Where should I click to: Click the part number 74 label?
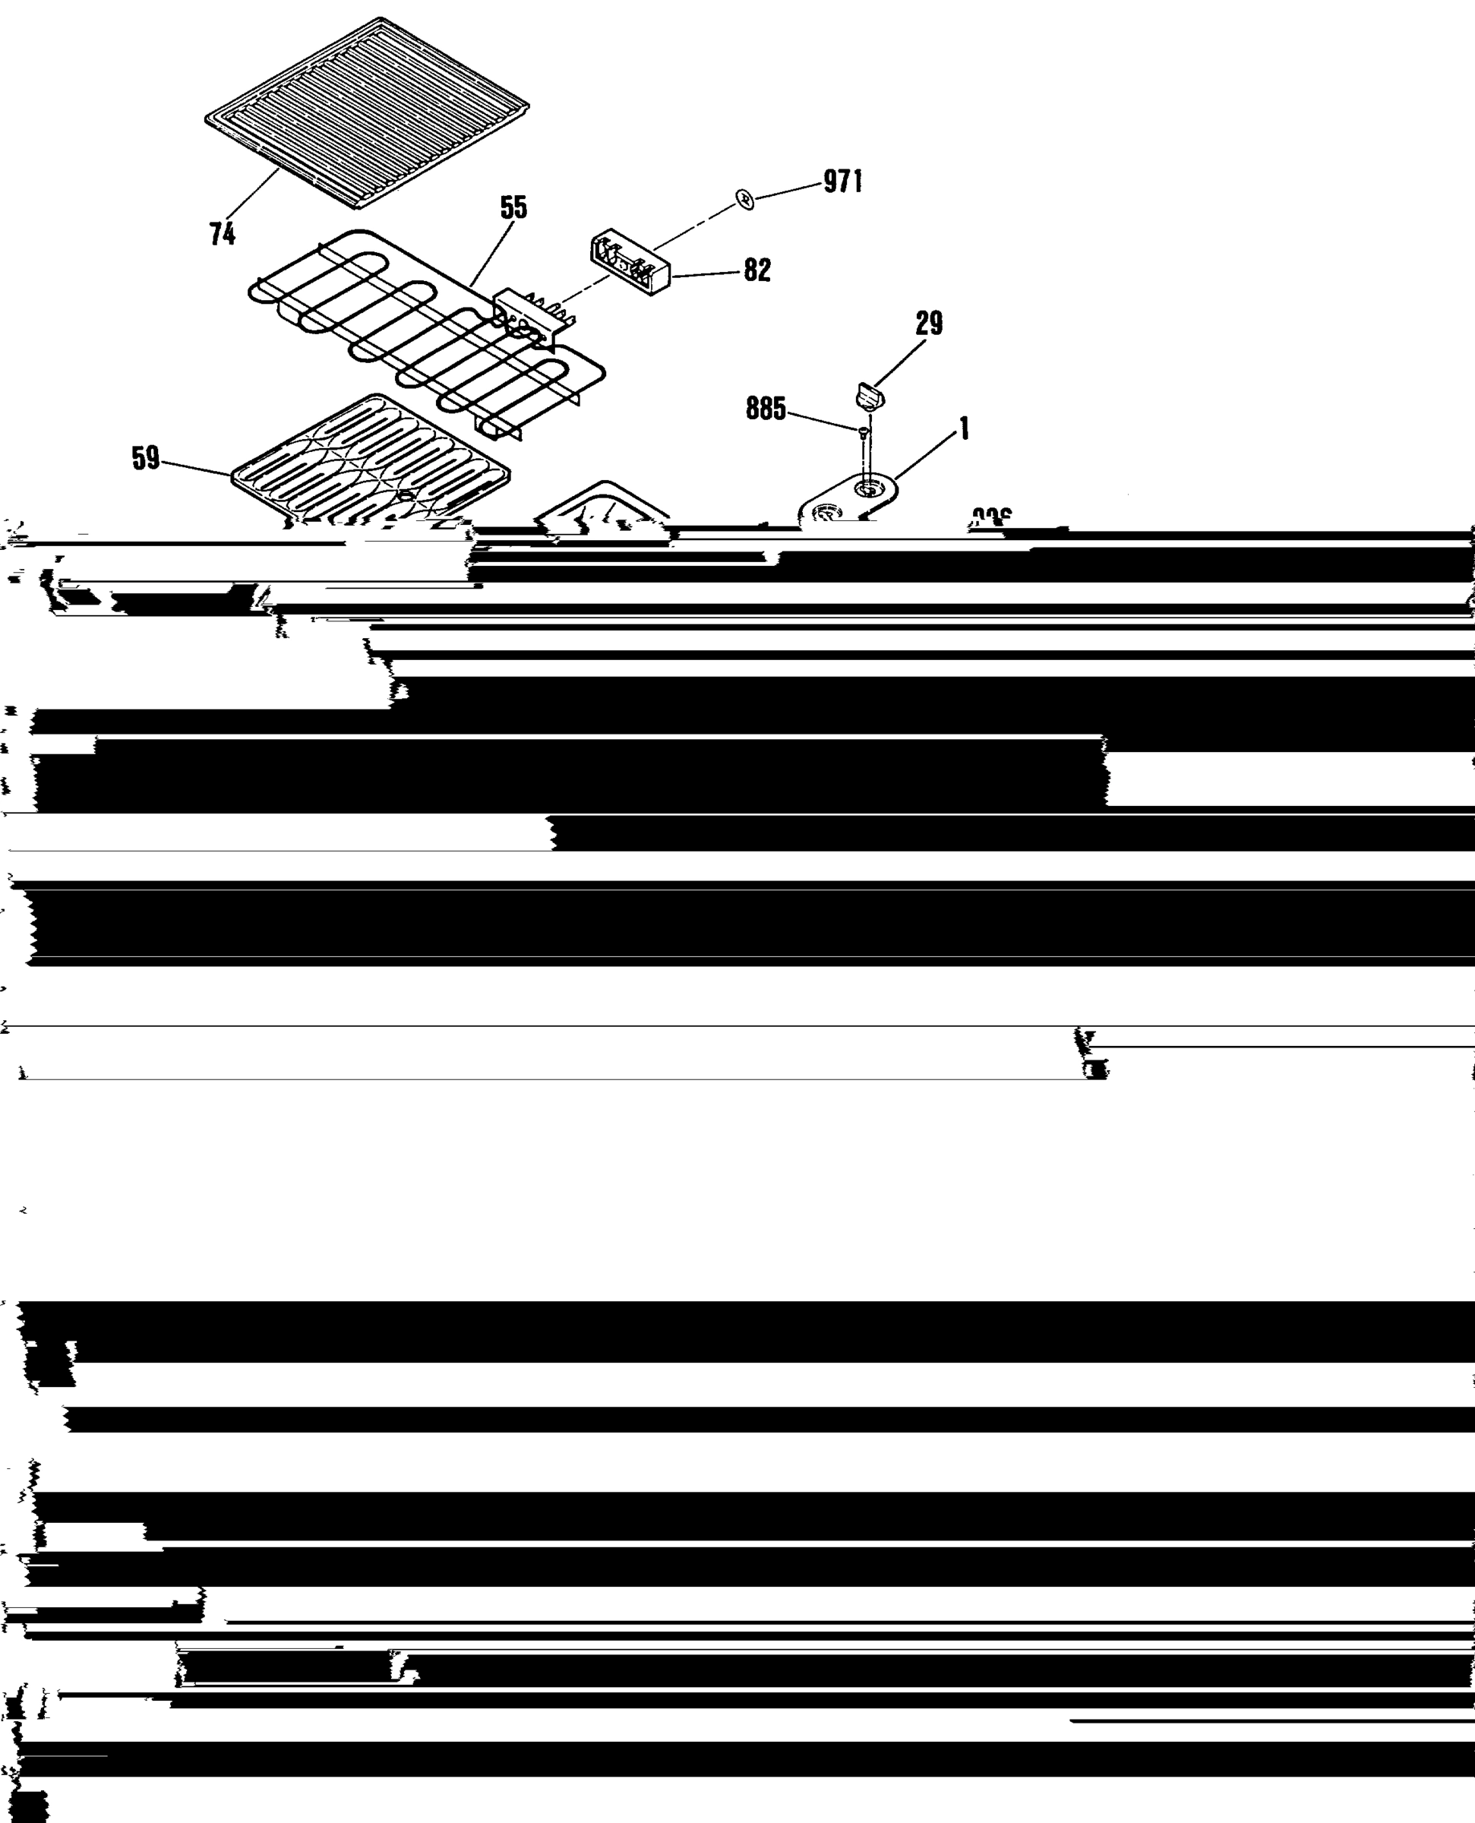pos(223,235)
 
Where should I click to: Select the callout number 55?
pos(513,207)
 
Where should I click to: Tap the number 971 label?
pos(843,181)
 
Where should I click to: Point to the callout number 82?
pos(757,270)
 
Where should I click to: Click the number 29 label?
pos(929,323)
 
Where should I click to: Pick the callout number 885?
pos(766,409)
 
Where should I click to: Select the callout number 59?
pos(145,459)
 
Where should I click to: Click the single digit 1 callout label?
pos(964,429)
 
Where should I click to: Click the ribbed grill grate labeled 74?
pos(367,112)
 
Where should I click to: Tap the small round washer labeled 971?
pos(745,200)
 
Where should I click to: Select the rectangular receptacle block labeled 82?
pos(629,263)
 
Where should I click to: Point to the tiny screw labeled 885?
pos(864,432)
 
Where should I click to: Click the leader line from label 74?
pos(252,194)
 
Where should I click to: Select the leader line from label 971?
pos(788,191)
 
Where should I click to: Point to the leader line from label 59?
pos(196,468)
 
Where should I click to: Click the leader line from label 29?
pos(901,361)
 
